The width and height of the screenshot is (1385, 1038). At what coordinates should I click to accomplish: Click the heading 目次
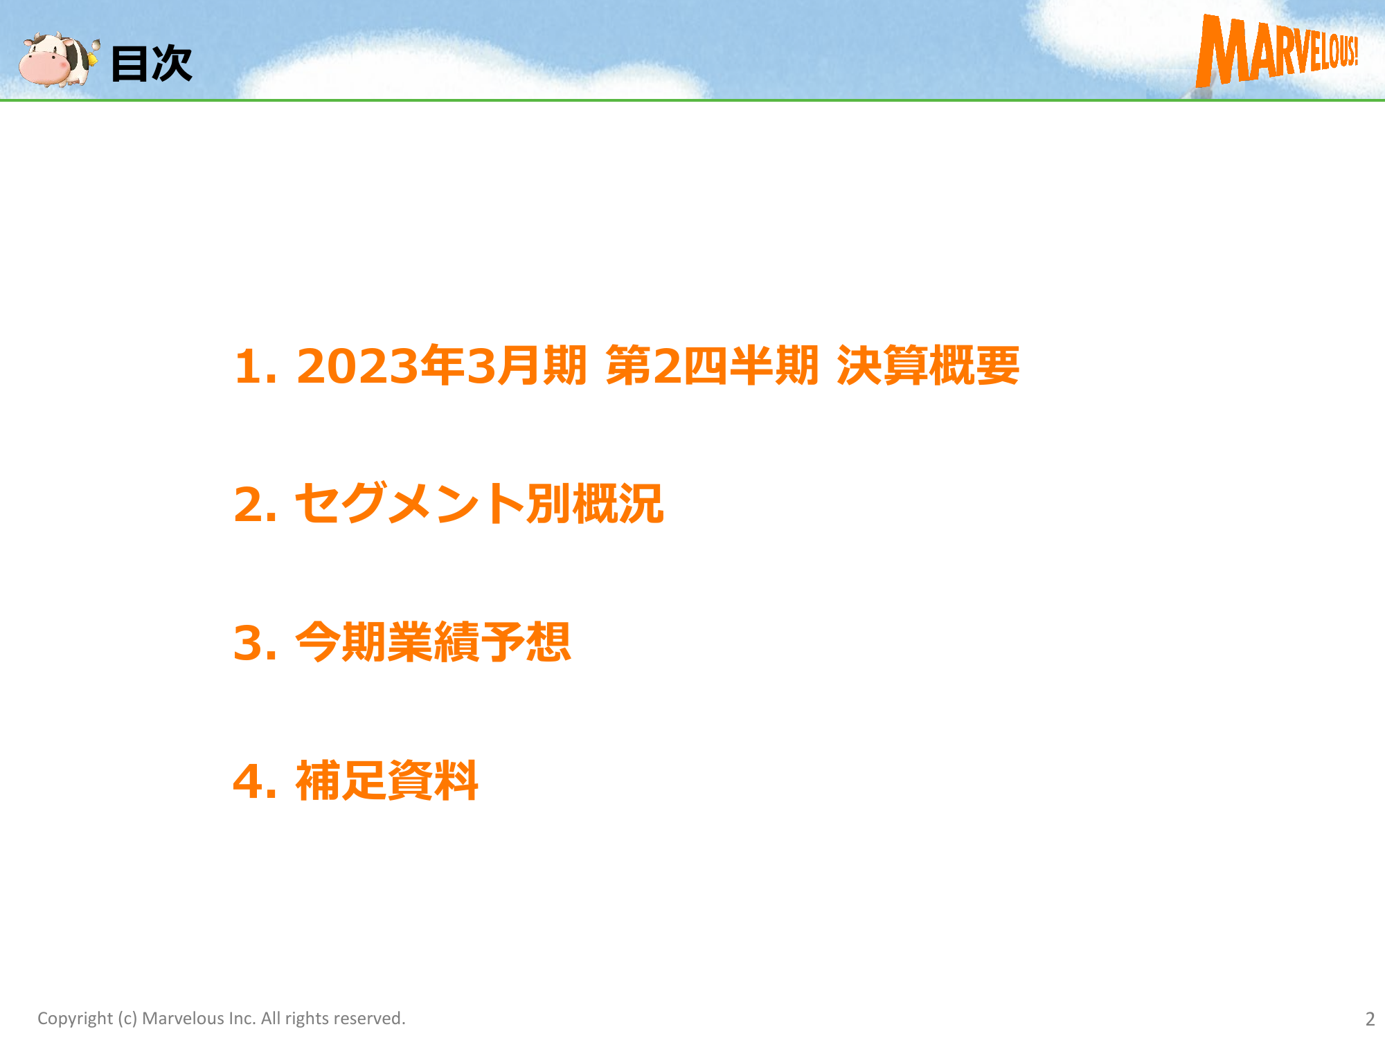(x=152, y=64)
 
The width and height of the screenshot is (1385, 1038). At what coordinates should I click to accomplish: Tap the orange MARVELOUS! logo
(x=1277, y=50)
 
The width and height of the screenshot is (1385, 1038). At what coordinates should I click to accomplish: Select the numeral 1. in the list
(x=256, y=366)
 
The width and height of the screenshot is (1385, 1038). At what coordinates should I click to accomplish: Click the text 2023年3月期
(x=442, y=365)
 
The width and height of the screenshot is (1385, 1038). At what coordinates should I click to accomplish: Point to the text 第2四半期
(x=712, y=365)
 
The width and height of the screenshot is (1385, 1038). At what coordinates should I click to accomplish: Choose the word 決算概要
(x=928, y=365)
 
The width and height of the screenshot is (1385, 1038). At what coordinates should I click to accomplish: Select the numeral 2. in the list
(x=256, y=504)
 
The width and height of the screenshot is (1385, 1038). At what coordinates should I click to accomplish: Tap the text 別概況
(x=595, y=504)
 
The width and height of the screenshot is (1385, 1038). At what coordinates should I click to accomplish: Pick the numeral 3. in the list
(x=256, y=643)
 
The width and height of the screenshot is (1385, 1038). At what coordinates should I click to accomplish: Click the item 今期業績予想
(x=433, y=642)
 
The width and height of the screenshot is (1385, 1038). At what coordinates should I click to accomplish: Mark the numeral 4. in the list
(x=255, y=781)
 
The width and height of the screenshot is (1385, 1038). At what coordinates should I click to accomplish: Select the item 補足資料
(x=387, y=781)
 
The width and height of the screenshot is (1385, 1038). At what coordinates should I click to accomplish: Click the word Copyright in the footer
(x=75, y=1019)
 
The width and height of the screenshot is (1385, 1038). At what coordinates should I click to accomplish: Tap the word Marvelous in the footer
(x=183, y=1018)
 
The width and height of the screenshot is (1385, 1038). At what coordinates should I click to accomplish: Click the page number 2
(x=1370, y=1019)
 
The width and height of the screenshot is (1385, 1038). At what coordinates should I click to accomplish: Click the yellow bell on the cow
(x=92, y=59)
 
